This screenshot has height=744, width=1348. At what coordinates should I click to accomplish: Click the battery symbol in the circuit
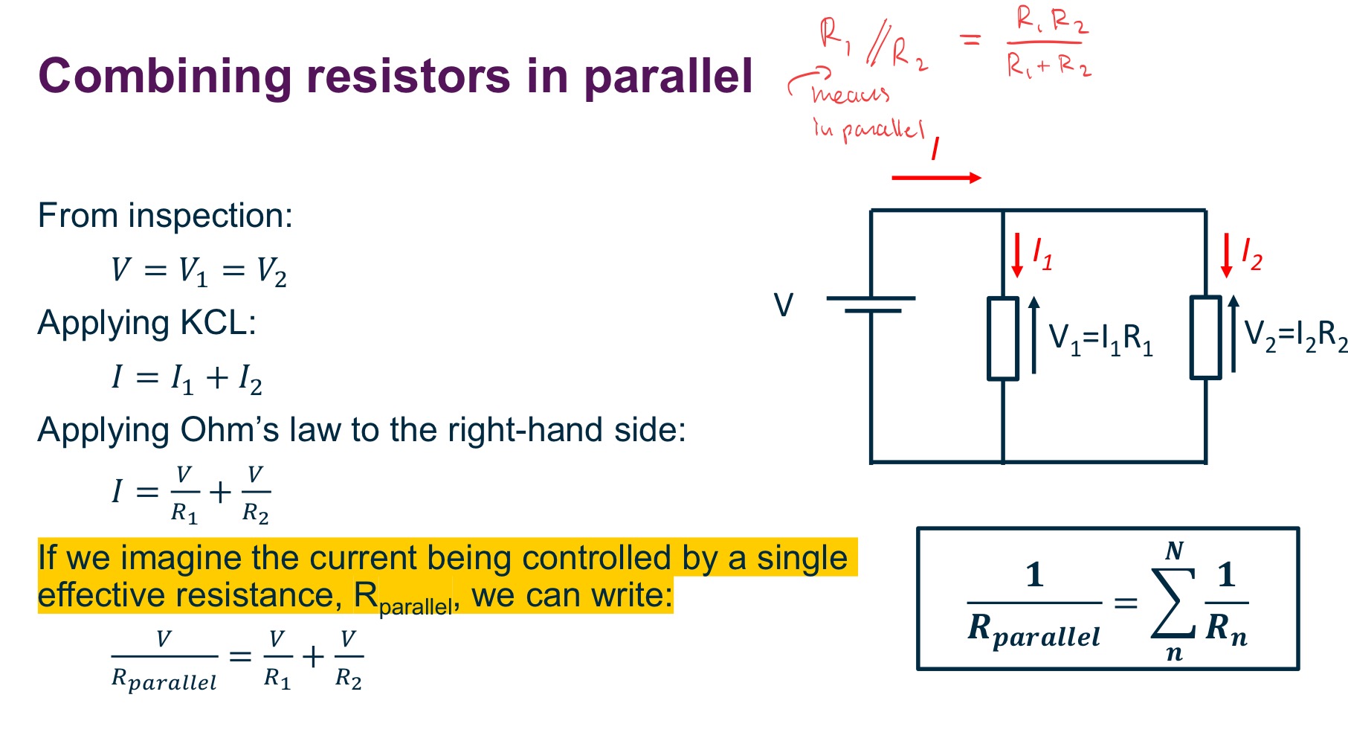tap(871, 304)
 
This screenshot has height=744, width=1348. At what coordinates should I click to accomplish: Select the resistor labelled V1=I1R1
tap(1002, 339)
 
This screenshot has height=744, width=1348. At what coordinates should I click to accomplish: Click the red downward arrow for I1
tap(1016, 255)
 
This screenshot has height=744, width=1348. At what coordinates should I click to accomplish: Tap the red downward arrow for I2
tap(1226, 255)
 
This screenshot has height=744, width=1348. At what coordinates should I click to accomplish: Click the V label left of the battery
tap(784, 305)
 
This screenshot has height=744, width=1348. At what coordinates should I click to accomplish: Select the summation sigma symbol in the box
tap(1173, 603)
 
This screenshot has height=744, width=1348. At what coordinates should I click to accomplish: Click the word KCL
tap(219, 323)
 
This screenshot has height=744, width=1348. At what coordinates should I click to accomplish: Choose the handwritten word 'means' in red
tap(850, 94)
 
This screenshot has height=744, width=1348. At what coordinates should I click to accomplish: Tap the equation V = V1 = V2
tap(199, 270)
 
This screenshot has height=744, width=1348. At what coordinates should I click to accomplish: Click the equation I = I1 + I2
tap(187, 377)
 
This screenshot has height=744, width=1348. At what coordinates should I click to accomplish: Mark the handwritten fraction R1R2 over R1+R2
tap(1048, 43)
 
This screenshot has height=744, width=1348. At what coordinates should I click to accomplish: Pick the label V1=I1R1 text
tap(1100, 339)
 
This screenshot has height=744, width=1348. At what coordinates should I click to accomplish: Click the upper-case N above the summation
tap(1174, 551)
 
